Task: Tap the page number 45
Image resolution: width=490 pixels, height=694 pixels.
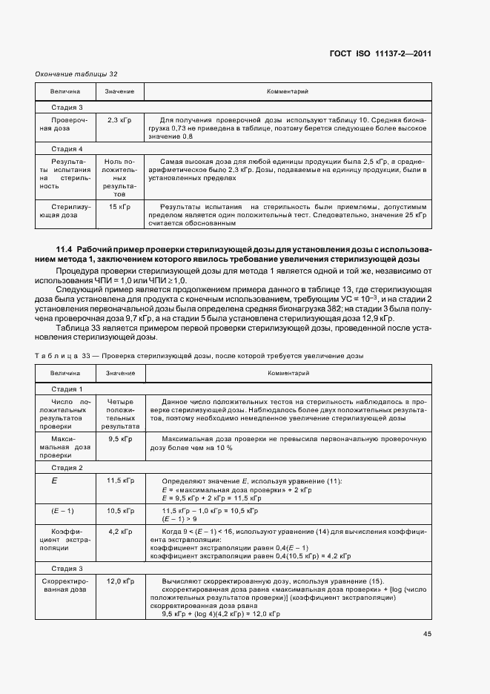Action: [x=427, y=634]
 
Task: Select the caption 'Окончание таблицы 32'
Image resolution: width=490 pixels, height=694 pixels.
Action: [x=77, y=74]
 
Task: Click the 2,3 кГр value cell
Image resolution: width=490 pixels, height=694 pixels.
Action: [x=119, y=119]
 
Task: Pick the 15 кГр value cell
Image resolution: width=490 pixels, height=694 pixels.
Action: [x=119, y=205]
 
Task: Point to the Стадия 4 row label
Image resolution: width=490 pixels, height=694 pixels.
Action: [x=67, y=148]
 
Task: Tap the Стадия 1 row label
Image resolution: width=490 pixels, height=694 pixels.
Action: [x=67, y=389]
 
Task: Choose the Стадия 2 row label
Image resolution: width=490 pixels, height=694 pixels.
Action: [x=67, y=469]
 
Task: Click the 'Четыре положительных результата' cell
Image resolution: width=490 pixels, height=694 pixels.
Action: [x=119, y=414]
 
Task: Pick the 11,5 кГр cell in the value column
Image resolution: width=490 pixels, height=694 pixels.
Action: [x=119, y=481]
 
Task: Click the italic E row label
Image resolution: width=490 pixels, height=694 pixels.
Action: [x=53, y=481]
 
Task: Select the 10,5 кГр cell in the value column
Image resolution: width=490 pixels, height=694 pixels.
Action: [x=119, y=512]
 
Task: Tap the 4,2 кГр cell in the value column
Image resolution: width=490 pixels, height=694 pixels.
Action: [x=119, y=532]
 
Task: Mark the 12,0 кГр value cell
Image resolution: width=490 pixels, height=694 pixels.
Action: [x=119, y=581]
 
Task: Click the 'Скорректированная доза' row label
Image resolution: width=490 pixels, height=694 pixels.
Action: [x=65, y=585]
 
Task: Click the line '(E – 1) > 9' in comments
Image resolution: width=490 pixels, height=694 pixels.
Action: [x=180, y=520]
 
